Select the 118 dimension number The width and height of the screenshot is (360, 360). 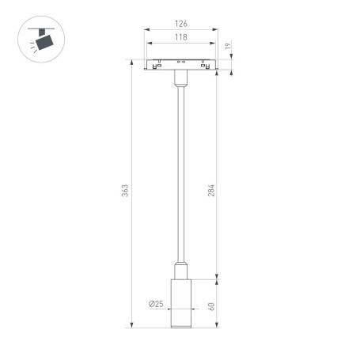pyautogui.click(x=181, y=38)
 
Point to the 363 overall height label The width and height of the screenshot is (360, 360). pyautogui.click(x=125, y=192)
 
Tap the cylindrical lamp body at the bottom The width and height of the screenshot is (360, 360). pyautogui.click(x=180, y=304)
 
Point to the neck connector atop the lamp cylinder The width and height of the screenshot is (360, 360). pyautogui.click(x=180, y=269)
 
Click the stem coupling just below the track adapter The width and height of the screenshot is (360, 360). pyautogui.click(x=180, y=78)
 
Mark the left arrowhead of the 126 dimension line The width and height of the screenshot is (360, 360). pyautogui.click(x=146, y=31)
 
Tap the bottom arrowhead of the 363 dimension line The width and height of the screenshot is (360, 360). pyautogui.click(x=131, y=324)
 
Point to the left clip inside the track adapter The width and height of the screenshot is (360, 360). pyautogui.click(x=161, y=63)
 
